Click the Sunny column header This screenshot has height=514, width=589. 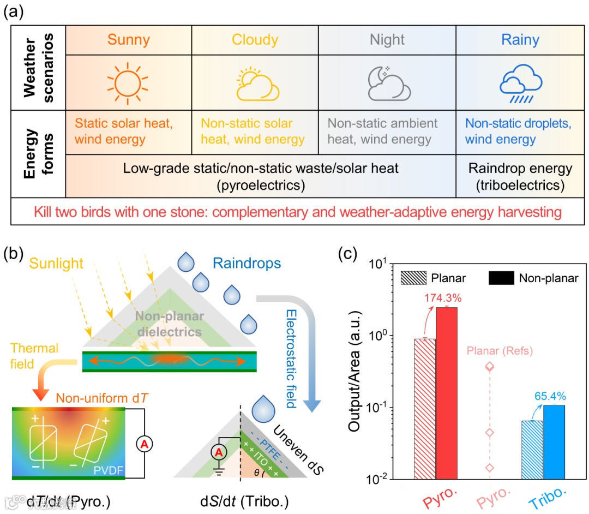click(x=129, y=40)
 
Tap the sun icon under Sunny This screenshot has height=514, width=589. click(x=128, y=82)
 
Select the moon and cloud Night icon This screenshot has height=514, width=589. click(x=387, y=82)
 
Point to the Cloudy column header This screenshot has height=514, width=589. click(x=255, y=40)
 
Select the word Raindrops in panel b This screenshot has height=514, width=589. click(x=247, y=264)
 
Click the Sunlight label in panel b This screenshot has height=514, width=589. click(x=56, y=264)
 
